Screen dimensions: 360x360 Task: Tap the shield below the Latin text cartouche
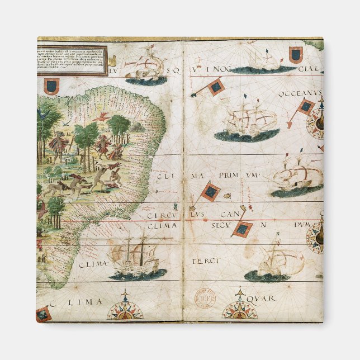pyautogui.click(x=52, y=86)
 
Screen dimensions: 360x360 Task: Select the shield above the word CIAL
pyautogui.click(x=296, y=54)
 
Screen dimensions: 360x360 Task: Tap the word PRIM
pyautogui.click(x=229, y=176)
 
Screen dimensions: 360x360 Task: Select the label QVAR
pyautogui.click(x=264, y=299)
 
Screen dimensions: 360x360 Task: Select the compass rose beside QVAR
pyautogui.click(x=239, y=306)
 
